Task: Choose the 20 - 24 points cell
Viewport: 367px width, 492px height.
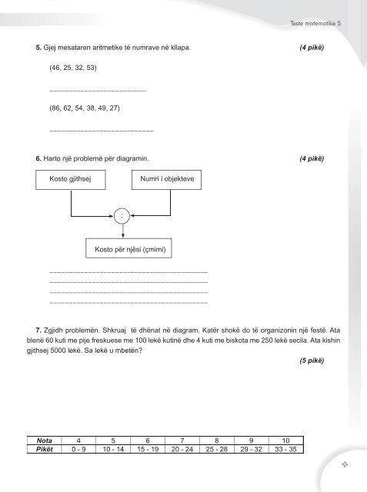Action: (182, 449)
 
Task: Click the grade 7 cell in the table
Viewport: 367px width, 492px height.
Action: (182, 440)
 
